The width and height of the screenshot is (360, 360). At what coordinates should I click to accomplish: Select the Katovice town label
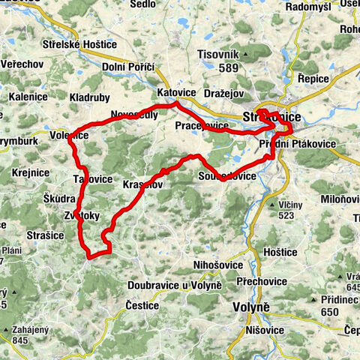(176, 93)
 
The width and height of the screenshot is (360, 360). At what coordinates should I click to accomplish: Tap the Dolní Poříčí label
(128, 67)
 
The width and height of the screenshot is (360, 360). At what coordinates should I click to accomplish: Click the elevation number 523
(286, 217)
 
